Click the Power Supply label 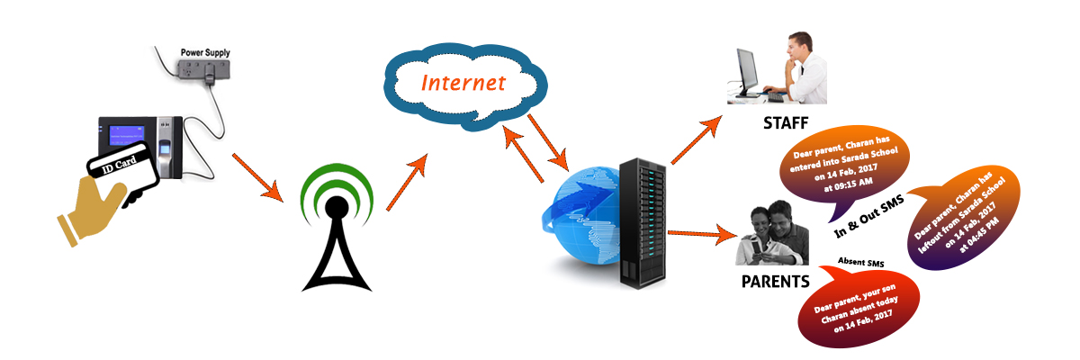204,52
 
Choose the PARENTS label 775,281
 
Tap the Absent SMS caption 861,262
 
